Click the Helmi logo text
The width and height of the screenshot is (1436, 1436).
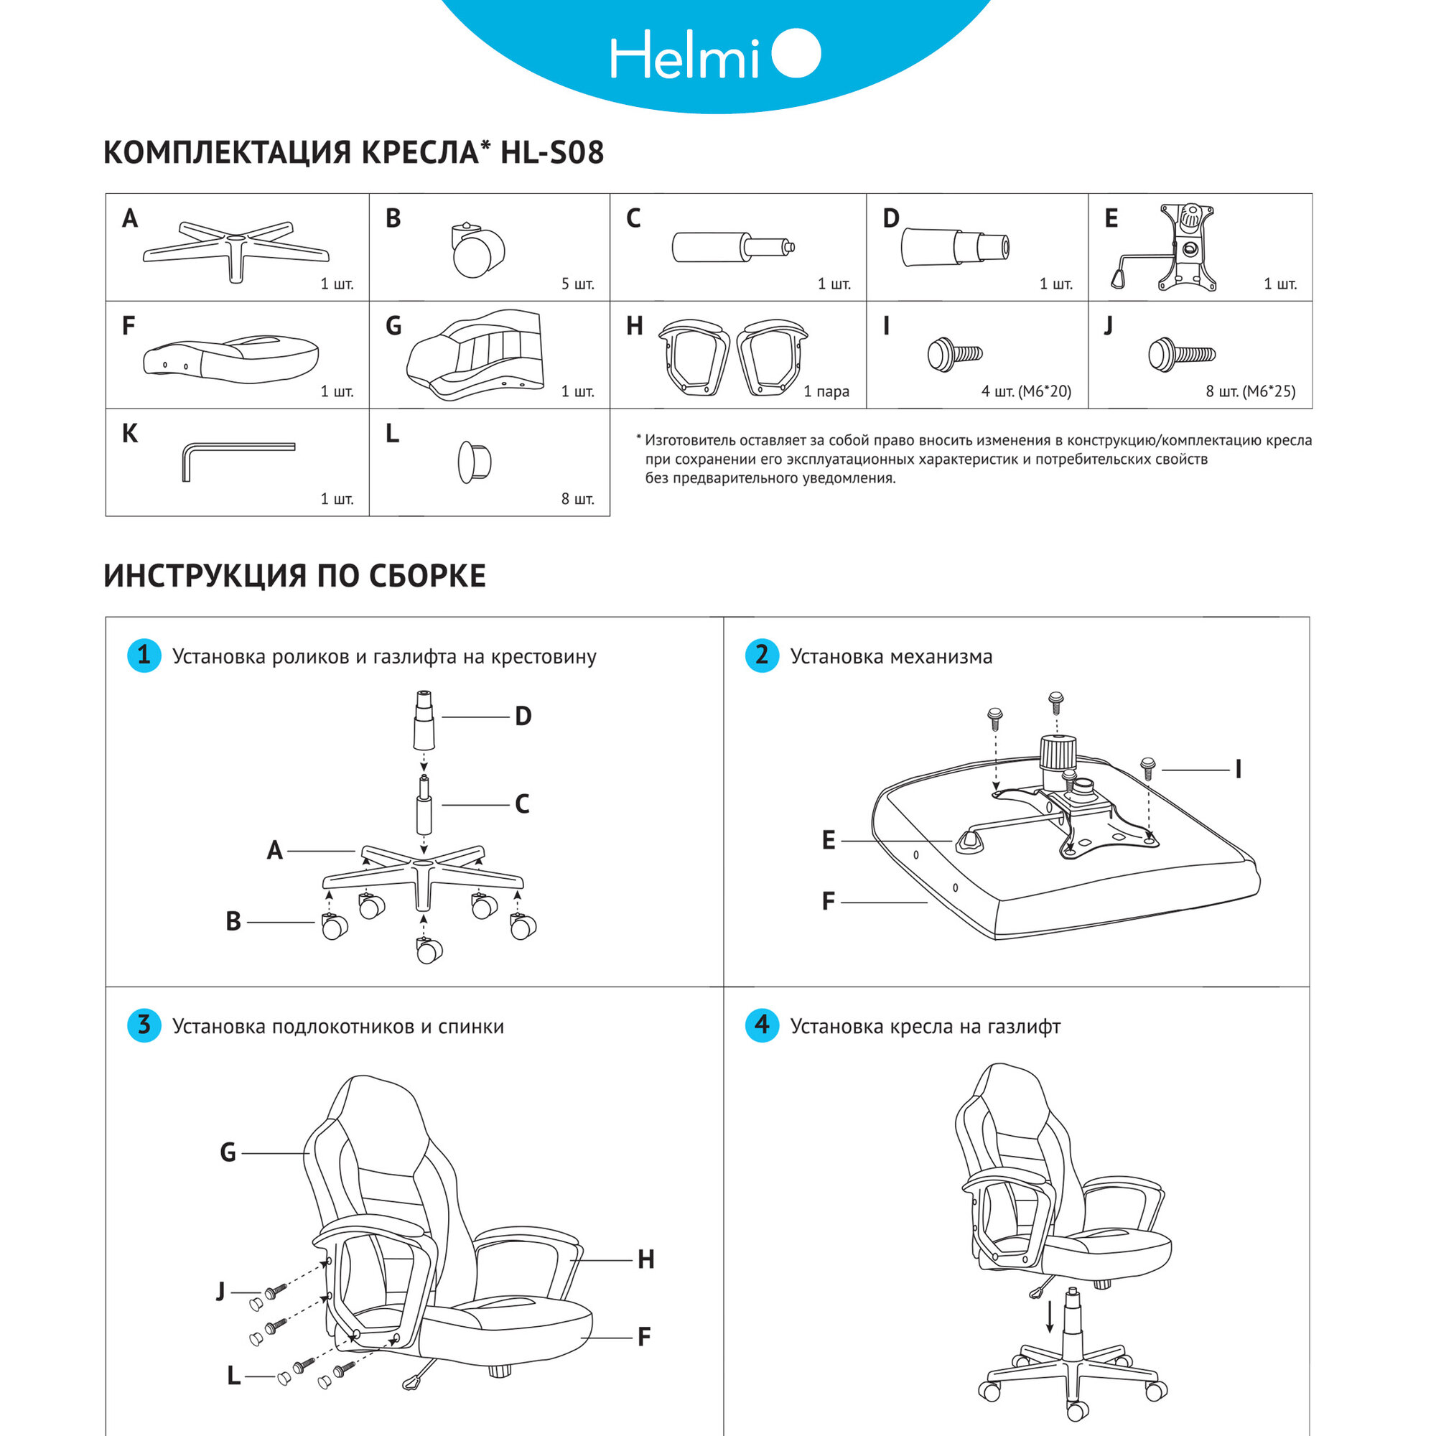684,56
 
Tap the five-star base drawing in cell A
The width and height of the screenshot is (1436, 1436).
236,249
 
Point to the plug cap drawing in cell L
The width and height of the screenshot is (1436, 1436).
474,462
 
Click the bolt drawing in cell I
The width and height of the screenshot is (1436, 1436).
954,354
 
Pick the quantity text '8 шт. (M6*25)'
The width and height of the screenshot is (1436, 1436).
1250,391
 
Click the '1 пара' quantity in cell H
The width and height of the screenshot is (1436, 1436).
826,391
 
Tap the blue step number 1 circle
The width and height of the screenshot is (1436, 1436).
144,656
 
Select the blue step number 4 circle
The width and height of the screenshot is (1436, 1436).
762,1026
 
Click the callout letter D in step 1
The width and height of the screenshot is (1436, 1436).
523,717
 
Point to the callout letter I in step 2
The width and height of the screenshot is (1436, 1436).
1239,770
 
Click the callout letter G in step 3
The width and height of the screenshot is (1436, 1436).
228,1153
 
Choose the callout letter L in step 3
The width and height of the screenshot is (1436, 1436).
233,1376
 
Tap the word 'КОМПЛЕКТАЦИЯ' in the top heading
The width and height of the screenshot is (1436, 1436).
228,152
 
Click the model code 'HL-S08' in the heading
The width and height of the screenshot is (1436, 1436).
552,152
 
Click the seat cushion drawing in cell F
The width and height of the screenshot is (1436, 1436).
230,360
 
